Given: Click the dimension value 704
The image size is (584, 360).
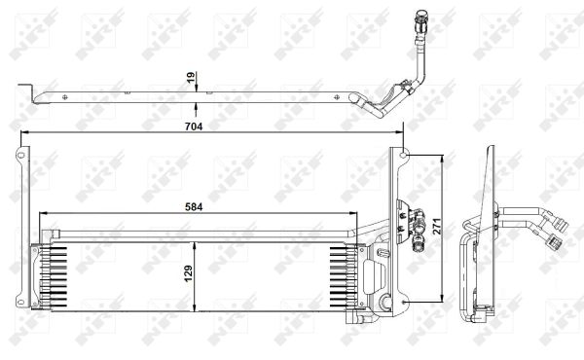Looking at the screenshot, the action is coord(194,126).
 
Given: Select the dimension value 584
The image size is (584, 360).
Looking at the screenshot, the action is coord(194,207).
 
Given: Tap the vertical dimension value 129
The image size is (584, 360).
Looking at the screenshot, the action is coord(189,272).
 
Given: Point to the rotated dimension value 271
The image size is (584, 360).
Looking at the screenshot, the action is coord(436,226).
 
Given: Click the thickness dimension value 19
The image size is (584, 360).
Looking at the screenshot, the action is coord(191,78).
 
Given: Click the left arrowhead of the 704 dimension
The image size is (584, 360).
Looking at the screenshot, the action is coord(24,131).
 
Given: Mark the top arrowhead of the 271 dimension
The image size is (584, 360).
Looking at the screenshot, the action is coord(442,160).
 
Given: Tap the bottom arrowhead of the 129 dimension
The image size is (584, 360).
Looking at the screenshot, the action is coord(194,306).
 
